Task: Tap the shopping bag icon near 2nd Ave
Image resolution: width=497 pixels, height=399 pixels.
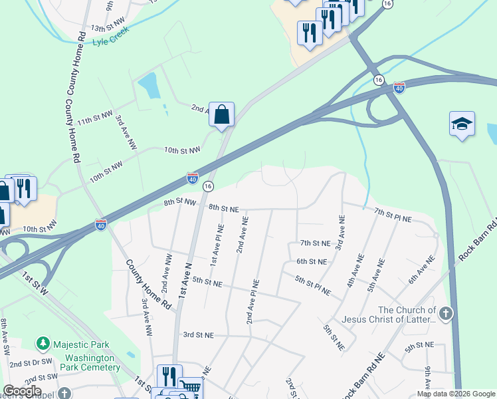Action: (x=221, y=113)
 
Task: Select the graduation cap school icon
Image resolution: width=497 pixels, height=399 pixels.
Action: (x=462, y=124)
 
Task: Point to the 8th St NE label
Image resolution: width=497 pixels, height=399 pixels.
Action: (x=223, y=208)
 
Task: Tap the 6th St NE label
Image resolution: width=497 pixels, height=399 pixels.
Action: (x=312, y=262)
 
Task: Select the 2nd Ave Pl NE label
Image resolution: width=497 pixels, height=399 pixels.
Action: (x=254, y=301)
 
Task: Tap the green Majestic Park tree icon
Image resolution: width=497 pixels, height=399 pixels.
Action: (x=43, y=343)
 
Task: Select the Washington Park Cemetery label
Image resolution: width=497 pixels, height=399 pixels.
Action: (x=92, y=362)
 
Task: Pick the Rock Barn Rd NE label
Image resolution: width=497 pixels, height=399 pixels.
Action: (x=363, y=376)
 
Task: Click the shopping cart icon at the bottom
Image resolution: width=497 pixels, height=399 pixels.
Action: (x=191, y=386)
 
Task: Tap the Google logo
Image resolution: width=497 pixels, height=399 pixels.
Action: (x=22, y=391)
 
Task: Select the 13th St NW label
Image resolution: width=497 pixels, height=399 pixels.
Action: (x=108, y=28)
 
